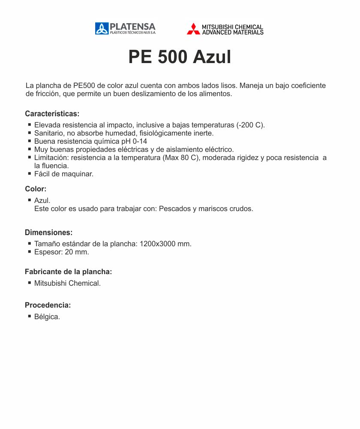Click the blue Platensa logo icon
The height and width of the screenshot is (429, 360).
point(102,29)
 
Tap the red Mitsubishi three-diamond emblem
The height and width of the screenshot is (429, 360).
point(193,29)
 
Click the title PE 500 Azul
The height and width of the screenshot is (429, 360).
point(180,57)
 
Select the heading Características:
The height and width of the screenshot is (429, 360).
point(52,114)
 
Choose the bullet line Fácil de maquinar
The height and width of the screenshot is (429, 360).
point(64,174)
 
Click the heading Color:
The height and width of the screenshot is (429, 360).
point(36,189)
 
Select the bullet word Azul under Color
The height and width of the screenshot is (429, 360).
point(42,200)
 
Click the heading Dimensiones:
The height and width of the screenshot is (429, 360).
point(48,233)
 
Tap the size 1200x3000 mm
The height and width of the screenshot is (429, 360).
point(165,244)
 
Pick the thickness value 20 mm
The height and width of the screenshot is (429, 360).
point(77,252)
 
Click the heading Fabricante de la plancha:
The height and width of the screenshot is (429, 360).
point(69,272)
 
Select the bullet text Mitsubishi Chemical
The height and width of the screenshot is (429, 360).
point(67,283)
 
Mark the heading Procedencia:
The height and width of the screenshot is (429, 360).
point(48,305)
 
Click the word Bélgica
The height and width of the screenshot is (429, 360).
point(47,317)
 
